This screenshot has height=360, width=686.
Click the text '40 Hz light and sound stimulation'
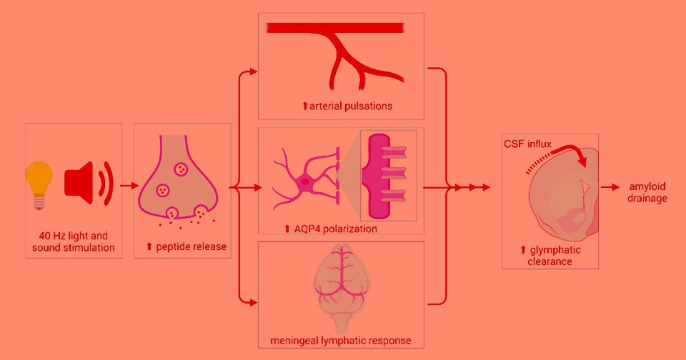(73, 241)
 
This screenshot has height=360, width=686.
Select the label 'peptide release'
(187, 247)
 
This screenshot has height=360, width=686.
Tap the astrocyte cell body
(305, 182)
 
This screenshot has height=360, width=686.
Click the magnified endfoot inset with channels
(387, 176)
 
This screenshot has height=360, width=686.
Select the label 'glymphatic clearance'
(550, 256)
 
